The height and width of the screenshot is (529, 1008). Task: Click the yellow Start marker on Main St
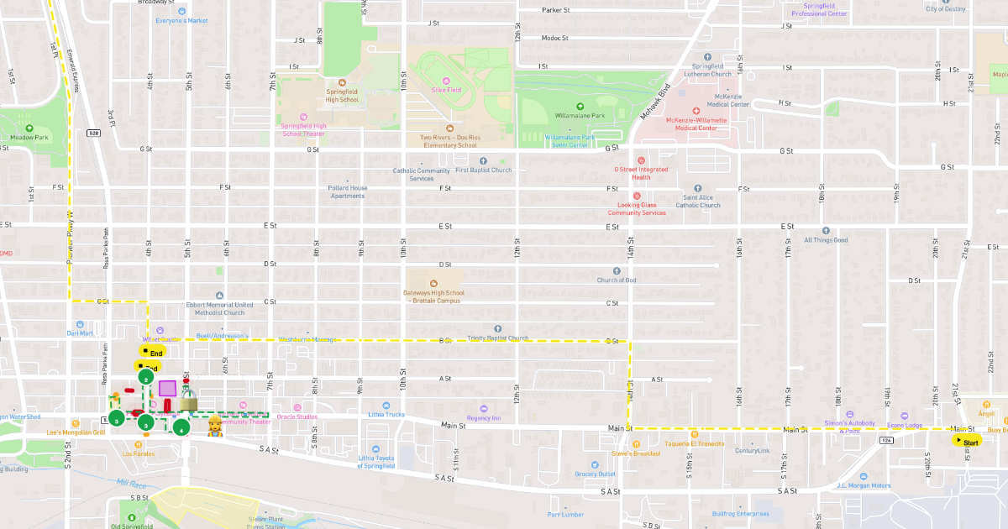click(x=966, y=441)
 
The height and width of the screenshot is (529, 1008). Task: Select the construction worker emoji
click(x=215, y=425)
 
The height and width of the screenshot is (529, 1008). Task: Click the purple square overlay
click(x=167, y=388)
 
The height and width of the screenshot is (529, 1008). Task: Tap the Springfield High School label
click(x=342, y=96)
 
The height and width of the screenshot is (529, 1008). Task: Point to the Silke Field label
click(x=446, y=89)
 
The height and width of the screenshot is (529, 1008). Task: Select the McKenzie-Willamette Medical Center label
click(x=696, y=123)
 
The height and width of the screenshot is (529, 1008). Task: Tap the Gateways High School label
click(x=433, y=296)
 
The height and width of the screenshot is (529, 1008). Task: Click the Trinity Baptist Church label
click(x=498, y=338)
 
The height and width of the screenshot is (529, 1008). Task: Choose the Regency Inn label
click(x=484, y=417)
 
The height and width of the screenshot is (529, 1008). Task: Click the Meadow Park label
click(x=29, y=137)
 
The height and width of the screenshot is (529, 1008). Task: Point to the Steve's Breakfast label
click(x=636, y=453)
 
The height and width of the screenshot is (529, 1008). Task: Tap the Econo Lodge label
click(x=905, y=425)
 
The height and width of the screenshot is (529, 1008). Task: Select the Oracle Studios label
click(x=297, y=416)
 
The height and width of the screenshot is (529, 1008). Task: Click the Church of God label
click(x=617, y=280)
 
